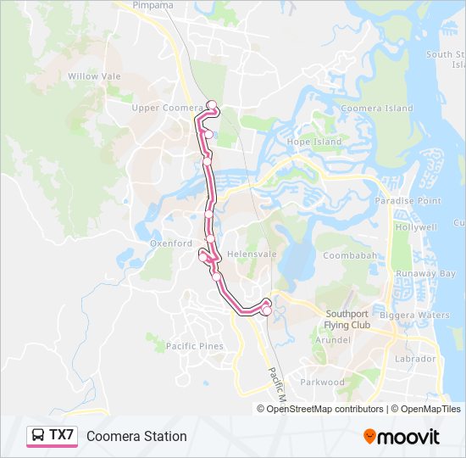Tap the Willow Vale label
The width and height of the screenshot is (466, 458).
click(x=94, y=76)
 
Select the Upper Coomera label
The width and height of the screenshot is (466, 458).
click(x=167, y=108)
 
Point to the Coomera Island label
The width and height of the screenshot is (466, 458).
click(x=376, y=109)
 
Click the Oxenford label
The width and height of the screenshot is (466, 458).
click(x=171, y=243)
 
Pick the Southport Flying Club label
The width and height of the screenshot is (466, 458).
click(x=348, y=319)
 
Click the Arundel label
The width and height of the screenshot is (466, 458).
click(x=333, y=339)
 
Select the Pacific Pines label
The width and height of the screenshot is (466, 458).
click(x=195, y=346)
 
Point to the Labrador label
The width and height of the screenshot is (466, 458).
click(x=415, y=359)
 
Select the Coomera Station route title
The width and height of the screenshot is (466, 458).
click(x=136, y=436)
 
